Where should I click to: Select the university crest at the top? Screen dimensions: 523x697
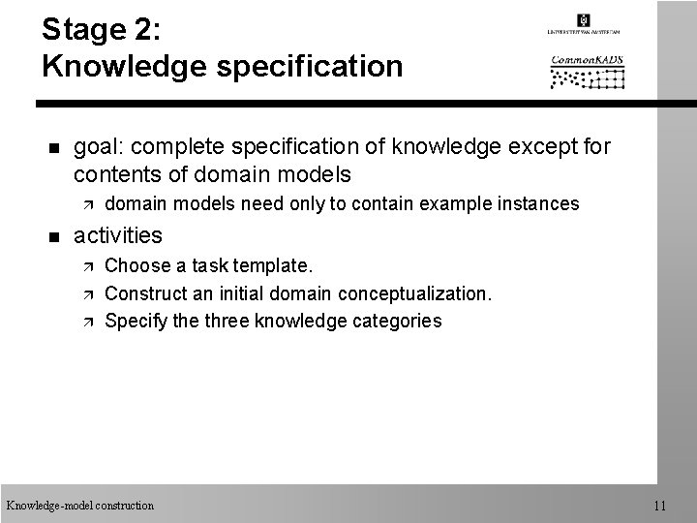[x=584, y=20]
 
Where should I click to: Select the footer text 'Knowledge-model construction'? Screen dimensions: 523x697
[x=79, y=505]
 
